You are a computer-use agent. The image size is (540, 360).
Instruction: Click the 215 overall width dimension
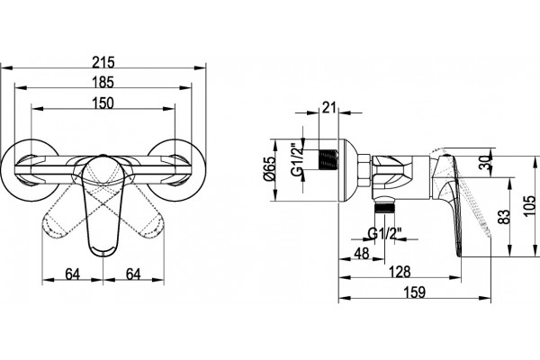103,63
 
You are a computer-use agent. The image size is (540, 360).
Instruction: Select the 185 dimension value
103,83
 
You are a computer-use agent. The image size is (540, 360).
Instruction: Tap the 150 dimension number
103,103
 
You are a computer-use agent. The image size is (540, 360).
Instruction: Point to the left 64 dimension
73,274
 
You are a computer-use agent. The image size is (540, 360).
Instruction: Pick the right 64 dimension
133,274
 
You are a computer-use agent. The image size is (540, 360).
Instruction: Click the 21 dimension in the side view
328,107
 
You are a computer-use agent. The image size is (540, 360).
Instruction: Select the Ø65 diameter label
269,169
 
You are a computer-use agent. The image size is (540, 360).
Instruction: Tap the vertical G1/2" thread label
298,159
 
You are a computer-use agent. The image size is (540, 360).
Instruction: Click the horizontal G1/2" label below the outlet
384,234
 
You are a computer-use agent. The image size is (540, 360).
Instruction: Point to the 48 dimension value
362,254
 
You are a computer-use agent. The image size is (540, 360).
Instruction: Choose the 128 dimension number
400,272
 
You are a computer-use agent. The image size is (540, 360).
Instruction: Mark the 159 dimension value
415,292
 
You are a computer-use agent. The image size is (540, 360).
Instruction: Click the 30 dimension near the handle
486,162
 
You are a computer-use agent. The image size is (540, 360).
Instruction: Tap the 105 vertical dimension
529,206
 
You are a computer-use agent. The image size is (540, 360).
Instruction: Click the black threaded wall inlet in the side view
328,159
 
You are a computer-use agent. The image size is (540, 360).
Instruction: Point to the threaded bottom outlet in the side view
385,208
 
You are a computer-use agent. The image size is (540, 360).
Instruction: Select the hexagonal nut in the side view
364,171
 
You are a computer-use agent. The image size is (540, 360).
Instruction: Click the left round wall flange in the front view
30,169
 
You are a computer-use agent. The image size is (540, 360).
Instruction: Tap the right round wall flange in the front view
176,169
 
